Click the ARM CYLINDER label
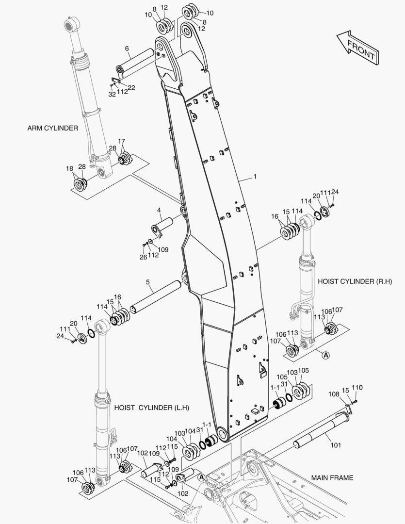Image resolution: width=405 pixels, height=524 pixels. coord(53,128)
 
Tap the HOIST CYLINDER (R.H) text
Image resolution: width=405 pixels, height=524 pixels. coord(355,281)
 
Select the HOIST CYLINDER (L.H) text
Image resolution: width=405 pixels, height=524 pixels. coord(152,408)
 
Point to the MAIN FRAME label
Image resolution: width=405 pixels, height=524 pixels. coord(332,478)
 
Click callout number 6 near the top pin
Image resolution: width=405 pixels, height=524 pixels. coord(127,49)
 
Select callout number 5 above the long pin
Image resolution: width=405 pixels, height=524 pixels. coord(148,282)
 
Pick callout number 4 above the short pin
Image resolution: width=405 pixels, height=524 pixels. coord(159,210)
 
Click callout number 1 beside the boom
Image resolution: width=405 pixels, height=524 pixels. coord(255,176)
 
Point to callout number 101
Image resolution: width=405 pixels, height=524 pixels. coord(336,445)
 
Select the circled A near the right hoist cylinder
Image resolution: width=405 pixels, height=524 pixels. coord(325,355)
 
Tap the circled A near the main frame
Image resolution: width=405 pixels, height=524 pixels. coord(201,477)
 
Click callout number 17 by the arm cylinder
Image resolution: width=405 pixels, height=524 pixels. coord(121,141)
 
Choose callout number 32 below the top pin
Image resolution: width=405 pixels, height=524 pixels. coord(112,94)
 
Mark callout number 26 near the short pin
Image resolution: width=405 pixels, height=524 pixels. coord(143,257)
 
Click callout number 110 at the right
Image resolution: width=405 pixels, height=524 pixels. coord(357,388)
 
